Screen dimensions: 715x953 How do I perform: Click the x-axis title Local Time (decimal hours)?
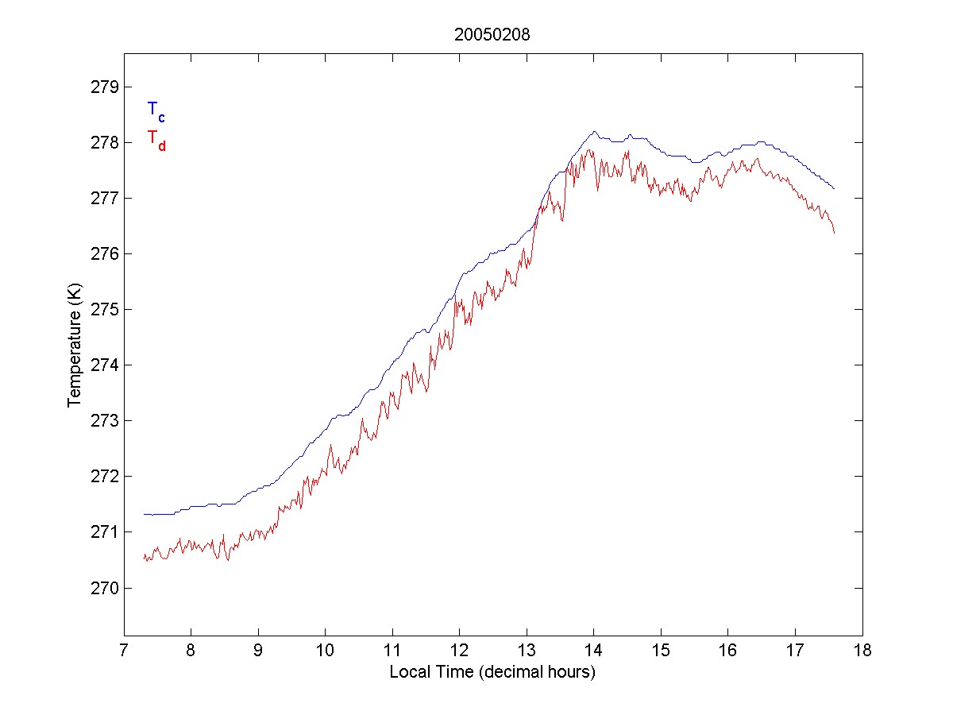pos(492,672)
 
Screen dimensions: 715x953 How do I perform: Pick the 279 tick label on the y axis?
pos(104,87)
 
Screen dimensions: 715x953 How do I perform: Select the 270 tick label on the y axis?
pos(104,588)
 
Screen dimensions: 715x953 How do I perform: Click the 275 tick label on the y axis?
pos(104,309)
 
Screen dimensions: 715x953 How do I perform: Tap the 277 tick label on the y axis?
pos(104,198)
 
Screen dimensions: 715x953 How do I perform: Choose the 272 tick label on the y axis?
pos(104,477)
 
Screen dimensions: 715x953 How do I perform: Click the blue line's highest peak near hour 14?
pos(594,132)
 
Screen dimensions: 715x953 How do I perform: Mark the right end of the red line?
pos(835,232)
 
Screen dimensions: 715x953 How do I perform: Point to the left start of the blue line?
pos(145,514)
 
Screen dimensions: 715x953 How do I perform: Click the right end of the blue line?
pos(835,189)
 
